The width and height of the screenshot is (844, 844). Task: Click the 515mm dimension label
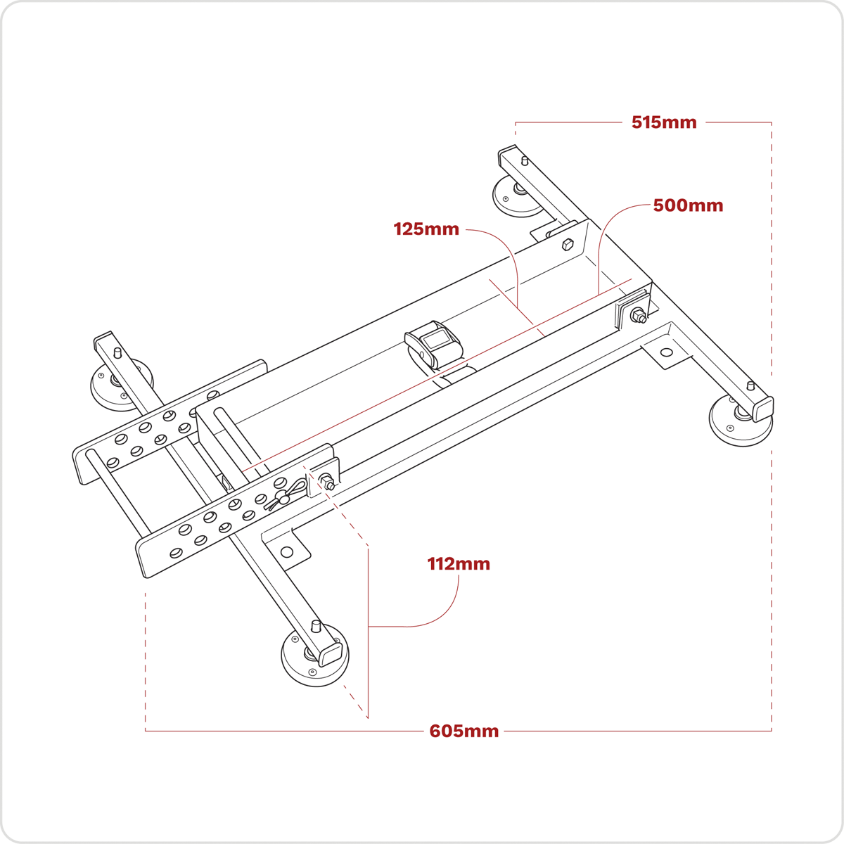point(663,122)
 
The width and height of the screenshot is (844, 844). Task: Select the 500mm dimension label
point(687,205)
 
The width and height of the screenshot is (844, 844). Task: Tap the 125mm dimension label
point(426,229)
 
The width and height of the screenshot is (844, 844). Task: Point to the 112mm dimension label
point(459,564)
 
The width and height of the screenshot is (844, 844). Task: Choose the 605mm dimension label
point(464,731)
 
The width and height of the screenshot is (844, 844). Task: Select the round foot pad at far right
point(738,422)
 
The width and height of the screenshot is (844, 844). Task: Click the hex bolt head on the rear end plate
point(568,245)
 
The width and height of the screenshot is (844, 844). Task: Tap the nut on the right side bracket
point(639,316)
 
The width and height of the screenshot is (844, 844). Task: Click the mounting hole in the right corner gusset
point(667,352)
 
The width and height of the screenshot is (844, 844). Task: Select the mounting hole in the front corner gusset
point(286,552)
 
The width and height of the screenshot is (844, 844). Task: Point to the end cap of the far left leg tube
point(103,340)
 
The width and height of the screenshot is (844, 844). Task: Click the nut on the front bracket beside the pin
point(327,482)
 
